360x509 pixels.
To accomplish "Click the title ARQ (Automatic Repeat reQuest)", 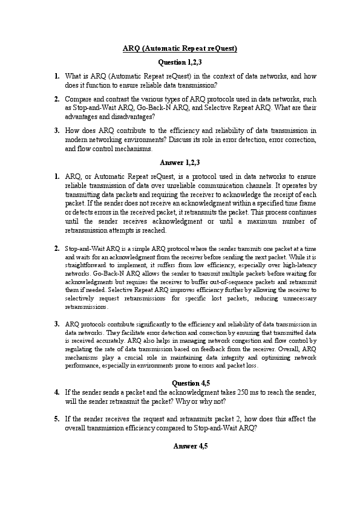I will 180,48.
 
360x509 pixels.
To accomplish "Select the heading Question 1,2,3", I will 180,62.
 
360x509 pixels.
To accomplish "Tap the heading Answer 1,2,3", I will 180,162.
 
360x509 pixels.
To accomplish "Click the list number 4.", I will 56,392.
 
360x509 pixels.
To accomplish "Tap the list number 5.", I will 56,418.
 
